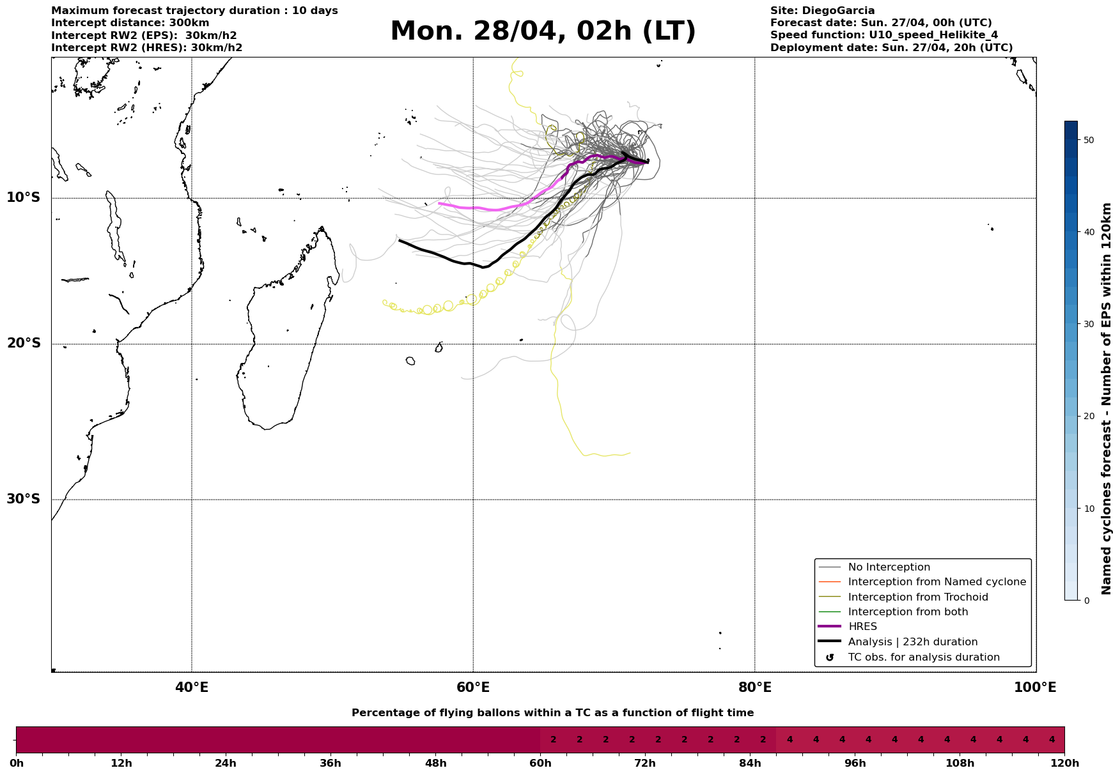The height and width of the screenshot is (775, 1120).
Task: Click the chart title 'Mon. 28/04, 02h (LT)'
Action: [543, 31]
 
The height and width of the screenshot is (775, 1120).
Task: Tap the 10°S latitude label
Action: [24, 197]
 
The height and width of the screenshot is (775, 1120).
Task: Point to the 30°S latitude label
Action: [24, 499]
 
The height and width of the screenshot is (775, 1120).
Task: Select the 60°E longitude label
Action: [473, 687]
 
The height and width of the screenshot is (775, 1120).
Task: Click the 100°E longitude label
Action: [1035, 687]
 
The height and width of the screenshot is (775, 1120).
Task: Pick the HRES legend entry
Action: [862, 627]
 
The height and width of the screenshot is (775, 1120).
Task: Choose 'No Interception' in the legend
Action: [889, 567]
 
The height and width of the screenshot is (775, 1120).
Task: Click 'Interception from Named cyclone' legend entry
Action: [937, 582]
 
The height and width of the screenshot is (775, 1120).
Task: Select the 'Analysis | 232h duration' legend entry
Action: [912, 642]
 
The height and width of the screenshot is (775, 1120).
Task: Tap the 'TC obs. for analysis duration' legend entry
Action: [923, 657]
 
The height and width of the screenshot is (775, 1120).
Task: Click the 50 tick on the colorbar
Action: [1085, 140]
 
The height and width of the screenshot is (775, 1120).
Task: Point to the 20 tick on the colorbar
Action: [1085, 416]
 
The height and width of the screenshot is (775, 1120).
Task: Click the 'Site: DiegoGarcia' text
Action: [822, 11]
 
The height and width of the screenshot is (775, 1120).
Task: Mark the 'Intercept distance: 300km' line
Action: [130, 23]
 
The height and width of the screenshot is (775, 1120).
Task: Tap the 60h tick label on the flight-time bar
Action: [540, 763]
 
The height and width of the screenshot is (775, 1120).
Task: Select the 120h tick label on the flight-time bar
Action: [1064, 763]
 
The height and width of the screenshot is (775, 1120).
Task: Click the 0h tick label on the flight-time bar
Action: [17, 763]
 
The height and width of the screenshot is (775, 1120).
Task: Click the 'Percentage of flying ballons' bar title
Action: [552, 713]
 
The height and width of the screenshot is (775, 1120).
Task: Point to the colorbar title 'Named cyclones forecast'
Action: [1107, 399]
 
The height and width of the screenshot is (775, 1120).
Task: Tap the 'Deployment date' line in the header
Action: [891, 48]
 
